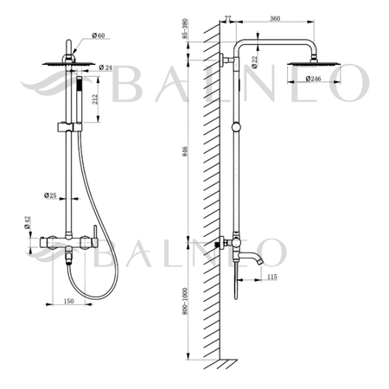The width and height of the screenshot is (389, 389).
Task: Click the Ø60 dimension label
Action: pos(100,36)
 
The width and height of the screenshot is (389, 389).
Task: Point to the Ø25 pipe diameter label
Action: pos(53,196)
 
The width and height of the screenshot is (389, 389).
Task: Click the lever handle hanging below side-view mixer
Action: pos(232,281)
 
